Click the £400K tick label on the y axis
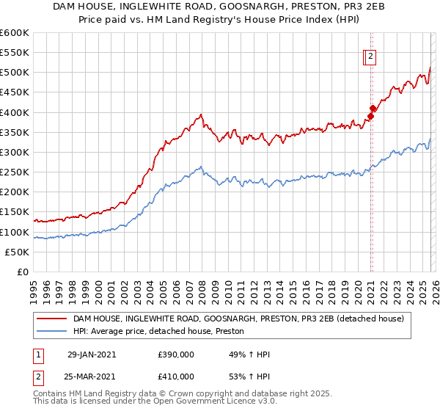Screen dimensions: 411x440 (14, 112)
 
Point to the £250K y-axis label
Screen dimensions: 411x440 (14, 172)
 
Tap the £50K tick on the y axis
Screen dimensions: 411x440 (17, 252)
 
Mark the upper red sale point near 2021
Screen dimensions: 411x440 (373, 108)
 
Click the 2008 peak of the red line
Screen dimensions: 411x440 (200, 114)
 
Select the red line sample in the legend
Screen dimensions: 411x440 (51, 319)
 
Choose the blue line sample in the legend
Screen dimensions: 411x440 (51, 332)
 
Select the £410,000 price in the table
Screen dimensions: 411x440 (175, 377)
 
